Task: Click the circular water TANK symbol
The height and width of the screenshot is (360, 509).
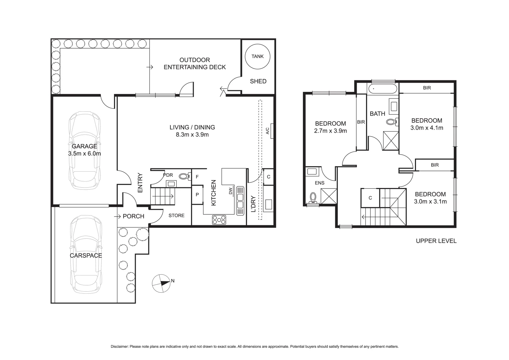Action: click(257, 56)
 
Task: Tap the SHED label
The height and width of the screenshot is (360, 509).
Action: click(258, 81)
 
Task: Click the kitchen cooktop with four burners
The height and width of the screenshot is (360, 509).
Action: click(219, 220)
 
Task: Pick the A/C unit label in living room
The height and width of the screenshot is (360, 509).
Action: click(268, 131)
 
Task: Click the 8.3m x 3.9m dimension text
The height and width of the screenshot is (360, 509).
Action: click(192, 135)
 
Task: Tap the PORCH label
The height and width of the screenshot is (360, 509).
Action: click(133, 216)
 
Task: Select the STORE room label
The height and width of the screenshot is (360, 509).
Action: click(176, 215)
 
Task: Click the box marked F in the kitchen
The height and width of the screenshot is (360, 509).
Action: click(197, 177)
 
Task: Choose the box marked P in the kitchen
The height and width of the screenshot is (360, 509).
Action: click(197, 195)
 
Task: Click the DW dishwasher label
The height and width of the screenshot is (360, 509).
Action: click(231, 191)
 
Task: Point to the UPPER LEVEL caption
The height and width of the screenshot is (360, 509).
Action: click(436, 241)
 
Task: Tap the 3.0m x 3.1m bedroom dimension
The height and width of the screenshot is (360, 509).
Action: click(430, 201)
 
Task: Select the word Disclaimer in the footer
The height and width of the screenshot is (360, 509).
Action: click(119, 347)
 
